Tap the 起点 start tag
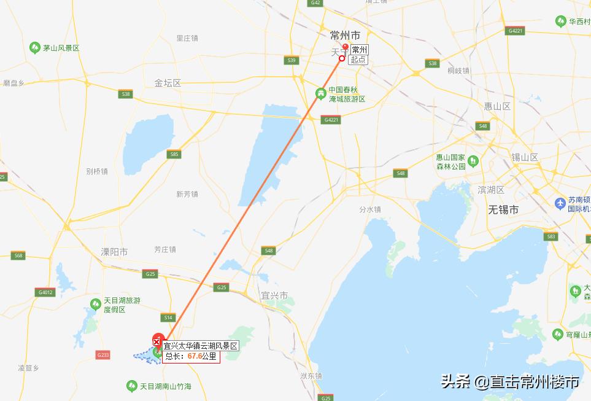[358, 60]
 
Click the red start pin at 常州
[345, 47]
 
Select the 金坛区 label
[168, 83]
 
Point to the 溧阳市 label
[115, 252]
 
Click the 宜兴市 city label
[274, 295]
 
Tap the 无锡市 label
[503, 209]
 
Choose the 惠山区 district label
[497, 106]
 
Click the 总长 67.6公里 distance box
[191, 356]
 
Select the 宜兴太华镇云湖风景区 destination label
[200, 346]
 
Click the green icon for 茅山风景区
[35, 48]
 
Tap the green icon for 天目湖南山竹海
[131, 386]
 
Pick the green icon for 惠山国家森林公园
[473, 162]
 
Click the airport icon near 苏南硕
[559, 203]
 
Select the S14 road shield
[169, 317]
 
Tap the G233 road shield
[103, 355]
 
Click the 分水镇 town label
[370, 209]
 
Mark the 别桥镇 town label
[97, 171]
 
